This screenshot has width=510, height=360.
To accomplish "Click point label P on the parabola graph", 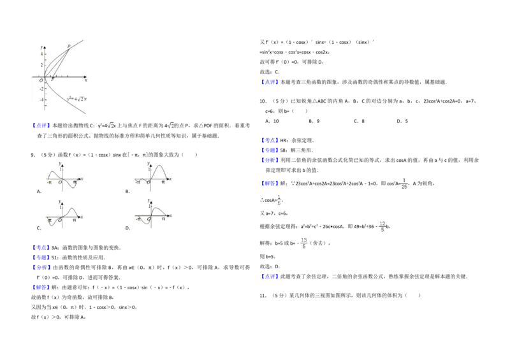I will click(x=69, y=46).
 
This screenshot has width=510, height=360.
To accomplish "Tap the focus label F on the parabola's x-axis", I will click(x=52, y=78).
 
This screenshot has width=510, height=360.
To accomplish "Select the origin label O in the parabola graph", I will click(x=41, y=80).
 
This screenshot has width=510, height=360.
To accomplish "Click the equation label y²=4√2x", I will click(x=76, y=99).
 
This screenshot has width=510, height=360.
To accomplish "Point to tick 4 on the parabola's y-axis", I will click(x=42, y=54).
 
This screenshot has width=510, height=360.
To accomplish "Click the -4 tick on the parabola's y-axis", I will click(x=41, y=99).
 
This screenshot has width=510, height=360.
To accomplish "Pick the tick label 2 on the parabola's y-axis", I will click(x=42, y=65).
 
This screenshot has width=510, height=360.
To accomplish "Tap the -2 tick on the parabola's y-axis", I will click(x=41, y=89).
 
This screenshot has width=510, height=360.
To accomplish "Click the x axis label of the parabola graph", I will click(x=85, y=80).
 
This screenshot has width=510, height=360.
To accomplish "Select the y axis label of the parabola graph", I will click(x=41, y=47).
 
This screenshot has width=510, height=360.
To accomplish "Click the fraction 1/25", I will click(x=404, y=184).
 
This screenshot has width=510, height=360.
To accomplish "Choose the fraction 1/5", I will click(x=279, y=201).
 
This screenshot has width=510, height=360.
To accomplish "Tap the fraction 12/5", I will click(x=382, y=226).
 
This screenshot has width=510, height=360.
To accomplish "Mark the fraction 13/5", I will click(x=303, y=243).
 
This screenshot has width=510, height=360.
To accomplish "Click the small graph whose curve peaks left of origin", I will click(x=64, y=175).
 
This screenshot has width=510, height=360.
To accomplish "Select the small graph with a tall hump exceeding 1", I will click(x=153, y=175).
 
